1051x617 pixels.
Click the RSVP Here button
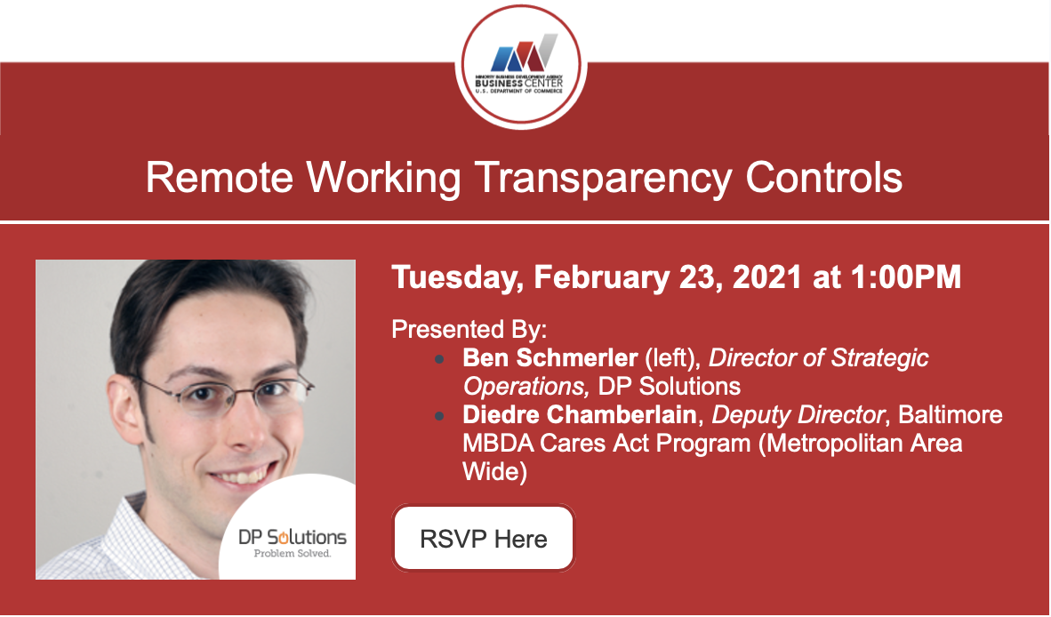484,538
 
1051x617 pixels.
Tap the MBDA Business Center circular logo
521,66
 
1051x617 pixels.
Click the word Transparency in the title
603,178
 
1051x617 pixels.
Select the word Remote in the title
220,178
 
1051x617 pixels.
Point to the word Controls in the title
823,178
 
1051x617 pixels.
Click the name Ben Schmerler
550,357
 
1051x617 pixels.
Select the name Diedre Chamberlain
579,414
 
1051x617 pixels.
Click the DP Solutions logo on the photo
293,537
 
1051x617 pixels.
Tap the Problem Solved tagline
293,553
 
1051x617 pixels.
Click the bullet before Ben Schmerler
439,359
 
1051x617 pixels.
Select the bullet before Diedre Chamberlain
439,416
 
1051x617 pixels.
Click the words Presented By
469,330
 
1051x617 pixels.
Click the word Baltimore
951,414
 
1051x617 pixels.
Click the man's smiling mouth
241,477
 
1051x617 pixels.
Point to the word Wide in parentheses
494,471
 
